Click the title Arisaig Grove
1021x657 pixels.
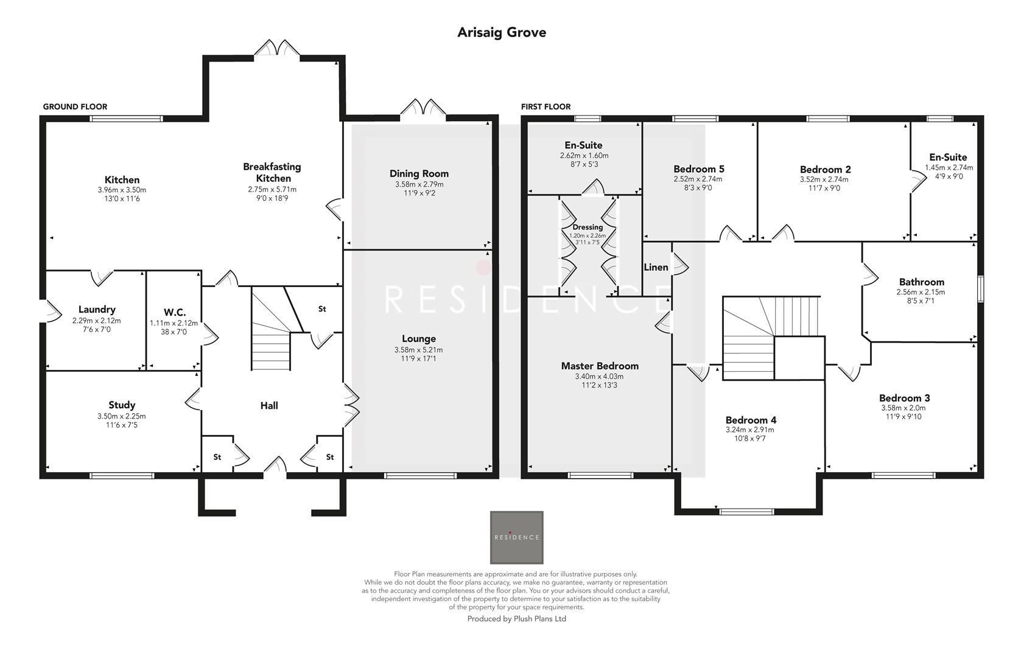(502, 32)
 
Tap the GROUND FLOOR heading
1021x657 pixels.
(75, 106)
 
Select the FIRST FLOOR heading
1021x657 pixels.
(546, 106)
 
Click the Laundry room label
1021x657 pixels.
(96, 310)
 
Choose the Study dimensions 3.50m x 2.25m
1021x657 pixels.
(122, 416)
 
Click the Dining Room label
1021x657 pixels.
(419, 173)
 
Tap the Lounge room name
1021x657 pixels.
(418, 339)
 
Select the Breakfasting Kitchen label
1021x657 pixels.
(272, 172)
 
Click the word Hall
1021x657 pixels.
(269, 405)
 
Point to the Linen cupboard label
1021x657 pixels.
(656, 267)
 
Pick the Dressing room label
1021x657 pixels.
(588, 227)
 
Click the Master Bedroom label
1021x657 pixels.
(600, 366)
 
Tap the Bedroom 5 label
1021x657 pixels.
(698, 169)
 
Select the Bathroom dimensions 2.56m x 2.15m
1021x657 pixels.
(921, 292)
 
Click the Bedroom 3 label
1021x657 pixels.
(904, 398)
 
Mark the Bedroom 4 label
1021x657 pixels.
(751, 420)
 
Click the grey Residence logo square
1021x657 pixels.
(516, 537)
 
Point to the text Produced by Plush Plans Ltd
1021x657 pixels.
(516, 619)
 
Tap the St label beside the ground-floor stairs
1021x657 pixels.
(321, 309)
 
